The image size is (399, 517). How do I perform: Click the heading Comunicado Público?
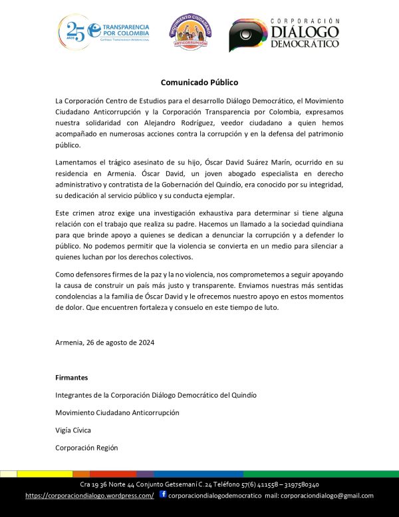[x=199, y=83]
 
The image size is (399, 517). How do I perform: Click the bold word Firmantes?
[x=71, y=377]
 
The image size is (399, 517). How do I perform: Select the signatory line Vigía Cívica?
[x=73, y=430]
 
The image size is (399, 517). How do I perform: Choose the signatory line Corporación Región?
[x=86, y=448]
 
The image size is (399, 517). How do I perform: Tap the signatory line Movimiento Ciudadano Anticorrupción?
[x=117, y=412]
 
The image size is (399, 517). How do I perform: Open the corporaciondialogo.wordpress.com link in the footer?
[x=90, y=496]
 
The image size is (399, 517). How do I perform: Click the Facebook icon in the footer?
[x=163, y=494]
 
